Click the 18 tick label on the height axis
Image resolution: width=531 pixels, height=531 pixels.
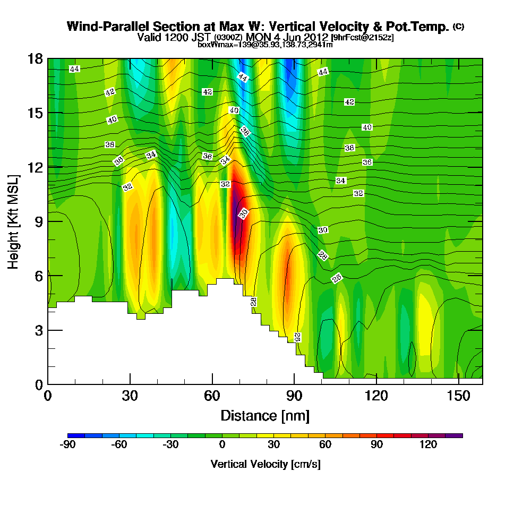point(36,58)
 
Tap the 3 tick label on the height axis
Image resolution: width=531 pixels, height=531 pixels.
point(38,330)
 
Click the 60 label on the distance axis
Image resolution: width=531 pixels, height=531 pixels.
point(212,396)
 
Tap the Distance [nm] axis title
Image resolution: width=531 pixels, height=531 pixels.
point(265,415)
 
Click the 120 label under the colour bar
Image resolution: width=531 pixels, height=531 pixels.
point(428,445)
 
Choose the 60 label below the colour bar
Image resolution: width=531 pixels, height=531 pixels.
point(326,445)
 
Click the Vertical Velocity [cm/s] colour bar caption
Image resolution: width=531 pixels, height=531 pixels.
point(265,464)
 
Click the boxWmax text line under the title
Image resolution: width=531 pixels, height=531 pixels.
point(265,45)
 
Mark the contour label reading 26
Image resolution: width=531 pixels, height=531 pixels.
point(337,278)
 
